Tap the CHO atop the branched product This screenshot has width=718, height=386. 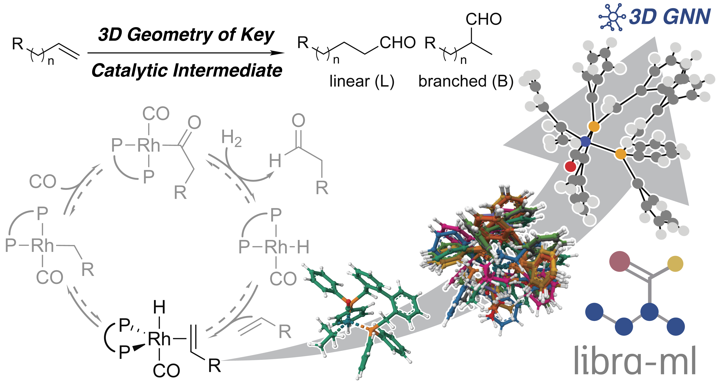pyautogui.click(x=484, y=19)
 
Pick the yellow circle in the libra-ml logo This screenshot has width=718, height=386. pyautogui.click(x=675, y=264)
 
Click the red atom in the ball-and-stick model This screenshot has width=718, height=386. pyautogui.click(x=570, y=167)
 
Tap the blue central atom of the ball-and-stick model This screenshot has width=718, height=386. pyautogui.click(x=585, y=141)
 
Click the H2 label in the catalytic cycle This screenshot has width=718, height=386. pyautogui.click(x=231, y=138)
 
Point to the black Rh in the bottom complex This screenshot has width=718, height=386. pyautogui.click(x=159, y=339)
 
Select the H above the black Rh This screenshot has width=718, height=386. pyautogui.click(x=159, y=307)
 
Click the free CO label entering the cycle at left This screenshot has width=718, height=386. pyautogui.click(x=43, y=182)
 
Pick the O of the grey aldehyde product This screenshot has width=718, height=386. pyautogui.click(x=298, y=120)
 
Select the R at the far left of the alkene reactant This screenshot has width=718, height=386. pyautogui.click(x=17, y=44)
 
